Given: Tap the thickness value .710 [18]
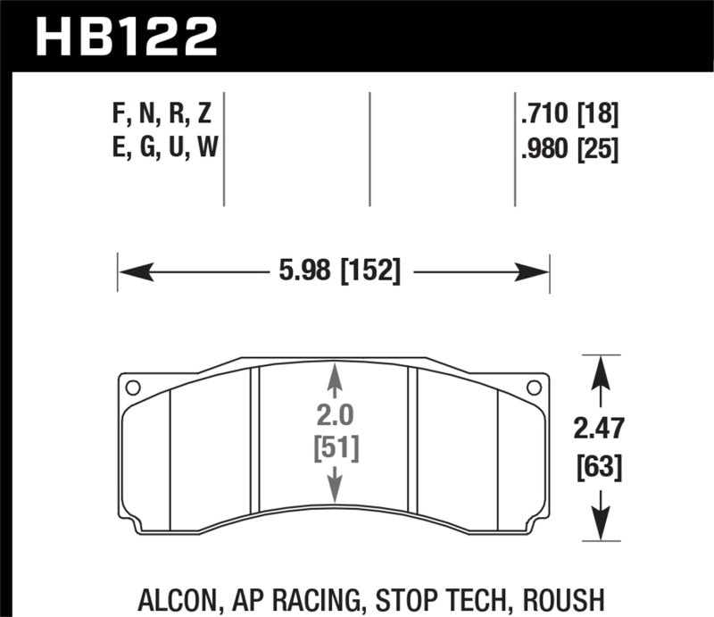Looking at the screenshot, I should tap(569, 115).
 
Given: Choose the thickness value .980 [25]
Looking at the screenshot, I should tap(569, 147).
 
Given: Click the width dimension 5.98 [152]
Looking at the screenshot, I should tap(335, 271).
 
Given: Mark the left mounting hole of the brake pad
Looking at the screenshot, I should tap(133, 388).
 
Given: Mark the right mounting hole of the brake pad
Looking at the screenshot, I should tap(535, 388).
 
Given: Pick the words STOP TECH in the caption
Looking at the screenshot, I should tap(455, 597).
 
